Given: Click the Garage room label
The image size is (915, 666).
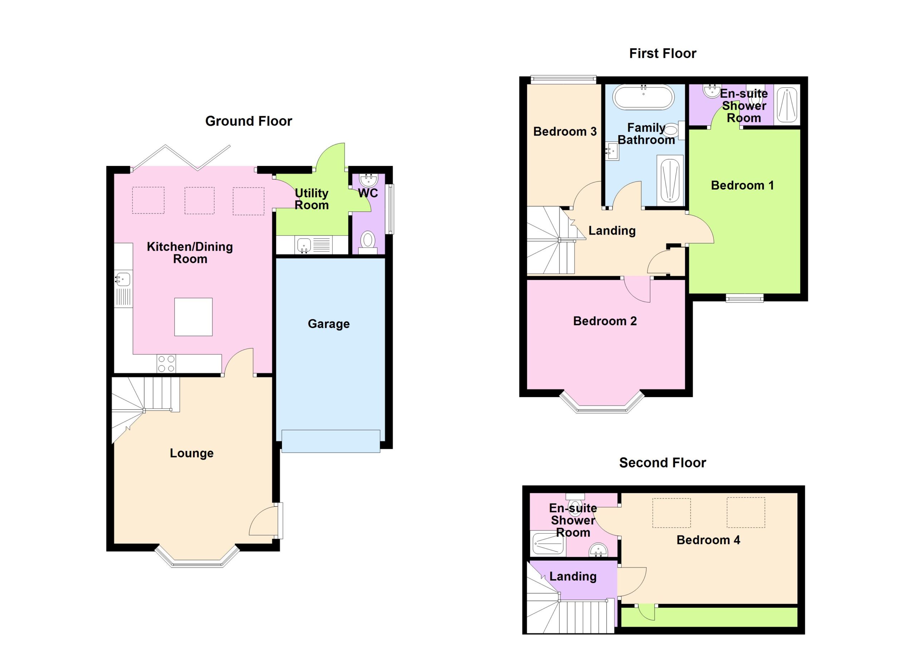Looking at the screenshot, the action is pos(328,324).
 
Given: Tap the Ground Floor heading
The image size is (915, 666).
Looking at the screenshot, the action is pos(248,121).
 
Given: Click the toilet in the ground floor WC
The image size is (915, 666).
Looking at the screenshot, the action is pos(367,243).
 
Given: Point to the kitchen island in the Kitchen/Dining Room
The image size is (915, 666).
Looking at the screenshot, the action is pos(193,317).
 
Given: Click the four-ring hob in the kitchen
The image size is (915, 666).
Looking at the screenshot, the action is pos(167,363).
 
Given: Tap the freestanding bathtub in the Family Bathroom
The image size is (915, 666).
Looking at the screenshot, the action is pos(643,97).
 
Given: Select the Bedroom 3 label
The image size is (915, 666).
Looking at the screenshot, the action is pos(565,132).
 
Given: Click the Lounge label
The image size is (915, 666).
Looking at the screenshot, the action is pos(192,453).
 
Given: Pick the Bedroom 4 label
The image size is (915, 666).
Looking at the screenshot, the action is pos(708,540).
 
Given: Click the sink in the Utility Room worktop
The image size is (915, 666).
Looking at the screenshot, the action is pos(304,245).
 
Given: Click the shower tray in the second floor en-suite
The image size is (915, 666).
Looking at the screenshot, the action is pos(548,544).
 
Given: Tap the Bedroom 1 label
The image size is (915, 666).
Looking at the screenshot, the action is pos(742,186).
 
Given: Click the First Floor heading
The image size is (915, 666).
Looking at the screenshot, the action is pos(663,53).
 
